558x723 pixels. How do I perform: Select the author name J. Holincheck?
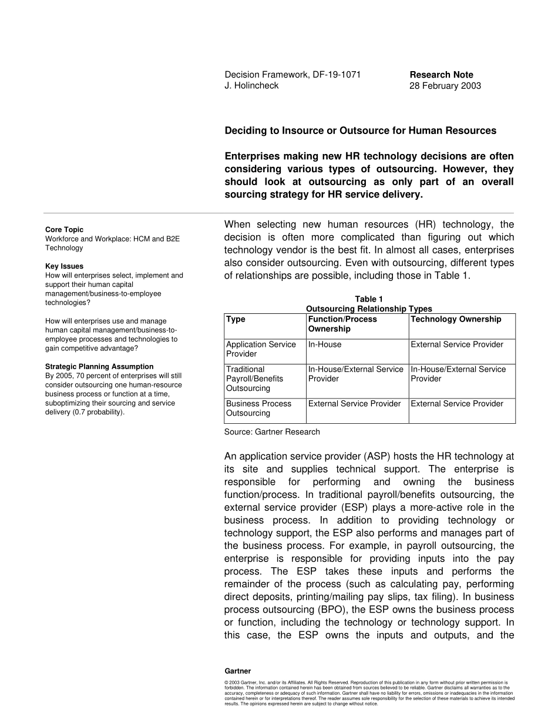pyautogui.click(x=251, y=86)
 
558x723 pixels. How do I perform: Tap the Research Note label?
pyautogui.click(x=441, y=75)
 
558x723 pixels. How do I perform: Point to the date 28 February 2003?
pyautogui.click(x=445, y=86)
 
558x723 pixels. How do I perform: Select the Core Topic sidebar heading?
pyautogui.click(x=64, y=230)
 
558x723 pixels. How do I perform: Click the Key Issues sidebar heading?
pyautogui.click(x=64, y=266)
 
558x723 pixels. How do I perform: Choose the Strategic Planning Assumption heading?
pyautogui.click(x=99, y=367)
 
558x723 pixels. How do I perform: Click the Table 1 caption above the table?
pyautogui.click(x=369, y=299)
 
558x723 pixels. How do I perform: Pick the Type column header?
pyautogui.click(x=236, y=319)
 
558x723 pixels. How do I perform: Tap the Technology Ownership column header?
pyautogui.click(x=456, y=319)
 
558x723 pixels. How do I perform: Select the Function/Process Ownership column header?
pyautogui.click(x=342, y=324)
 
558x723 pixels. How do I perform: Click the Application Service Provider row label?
pyautogui.click(x=261, y=349)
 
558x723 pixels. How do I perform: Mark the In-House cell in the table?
pyautogui.click(x=325, y=344)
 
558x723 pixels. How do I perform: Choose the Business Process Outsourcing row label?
pyautogui.click(x=258, y=409)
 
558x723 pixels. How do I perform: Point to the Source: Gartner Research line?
pyautogui.click(x=272, y=432)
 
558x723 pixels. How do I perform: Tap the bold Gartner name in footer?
pyautogui.click(x=238, y=671)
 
